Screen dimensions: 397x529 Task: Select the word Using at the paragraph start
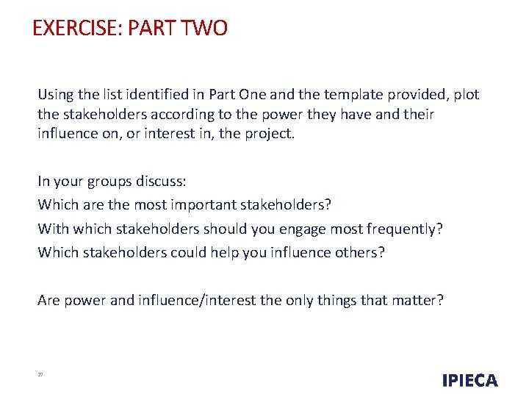coord(55,95)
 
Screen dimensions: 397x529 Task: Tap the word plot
coord(466,95)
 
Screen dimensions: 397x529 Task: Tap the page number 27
coord(40,375)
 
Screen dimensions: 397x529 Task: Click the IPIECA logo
coord(469,380)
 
